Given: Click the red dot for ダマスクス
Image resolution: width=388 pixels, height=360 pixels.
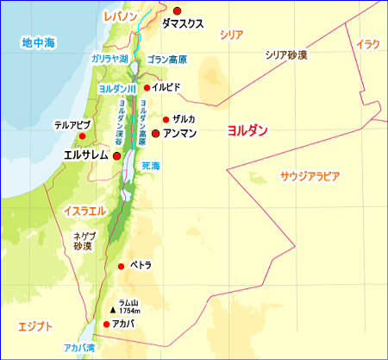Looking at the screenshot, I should pos(177,10).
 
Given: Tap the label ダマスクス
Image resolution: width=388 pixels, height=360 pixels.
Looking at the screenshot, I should pos(183,24).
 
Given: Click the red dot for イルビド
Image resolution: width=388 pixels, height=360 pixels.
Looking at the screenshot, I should pos(147,87).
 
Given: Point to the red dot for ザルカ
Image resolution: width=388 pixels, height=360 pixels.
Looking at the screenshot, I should pos(166,119).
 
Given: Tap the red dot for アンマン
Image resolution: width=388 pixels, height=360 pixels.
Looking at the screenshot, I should pos(155,134).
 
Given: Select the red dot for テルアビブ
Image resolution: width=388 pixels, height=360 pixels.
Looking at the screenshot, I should pos(80,136).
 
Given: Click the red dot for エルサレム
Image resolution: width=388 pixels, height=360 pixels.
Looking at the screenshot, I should pos(116,156).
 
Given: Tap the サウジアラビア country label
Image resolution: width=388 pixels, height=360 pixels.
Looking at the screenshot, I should pos(310,175).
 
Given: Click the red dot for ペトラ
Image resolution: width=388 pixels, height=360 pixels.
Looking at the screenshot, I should pos(121,266).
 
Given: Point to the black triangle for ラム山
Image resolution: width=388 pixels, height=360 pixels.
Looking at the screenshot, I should pos(112,308).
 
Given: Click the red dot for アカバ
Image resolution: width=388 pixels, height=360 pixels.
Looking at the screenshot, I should pos(105,325).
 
